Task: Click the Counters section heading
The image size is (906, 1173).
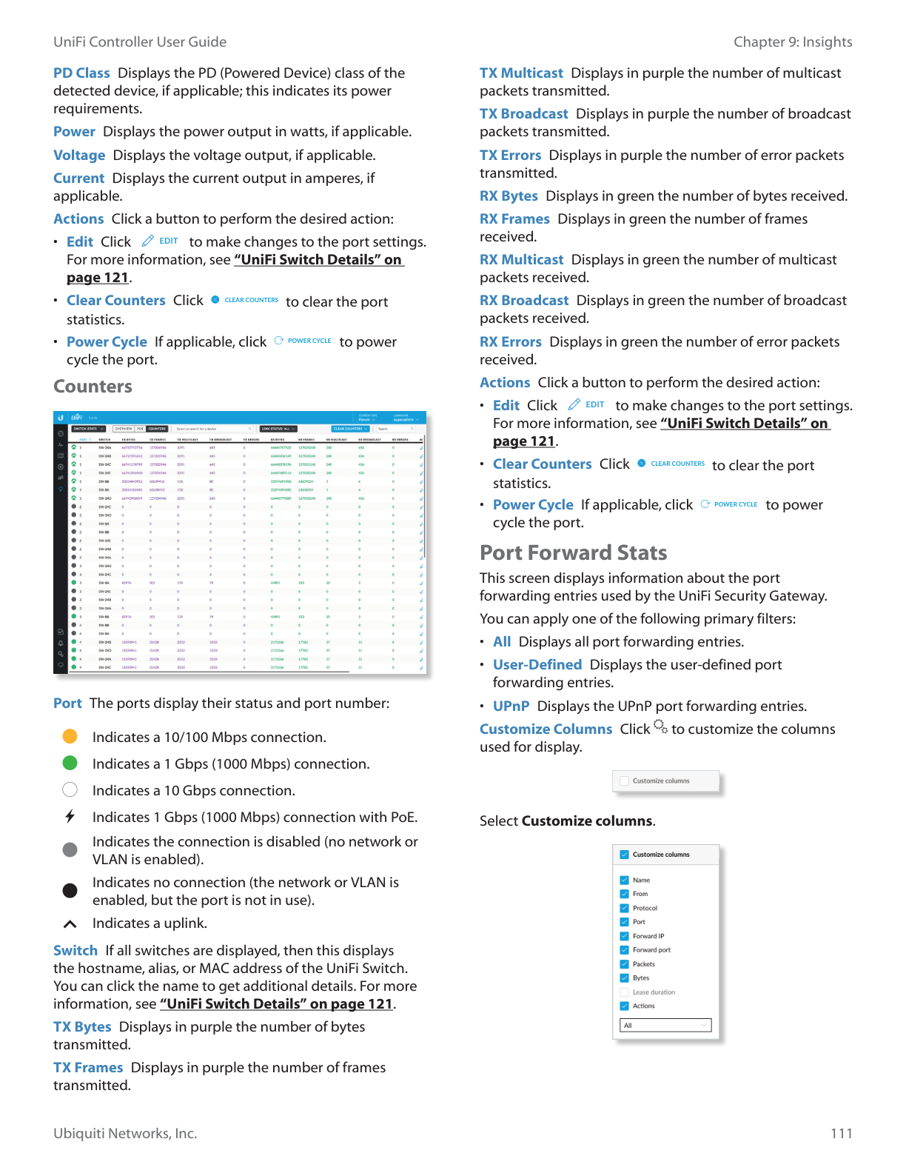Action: click(93, 387)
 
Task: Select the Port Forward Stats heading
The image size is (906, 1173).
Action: click(573, 553)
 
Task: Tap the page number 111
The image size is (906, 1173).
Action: click(841, 1133)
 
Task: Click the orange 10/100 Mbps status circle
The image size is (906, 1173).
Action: click(70, 737)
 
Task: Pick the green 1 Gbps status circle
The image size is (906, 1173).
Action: click(70, 763)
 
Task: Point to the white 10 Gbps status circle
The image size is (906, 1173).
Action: click(70, 790)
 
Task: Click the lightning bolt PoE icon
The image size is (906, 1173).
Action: click(70, 817)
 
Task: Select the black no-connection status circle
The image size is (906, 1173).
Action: click(70, 891)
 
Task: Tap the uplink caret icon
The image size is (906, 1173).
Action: click(70, 923)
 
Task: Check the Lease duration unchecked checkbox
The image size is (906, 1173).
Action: click(625, 992)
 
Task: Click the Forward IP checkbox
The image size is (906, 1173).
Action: click(625, 936)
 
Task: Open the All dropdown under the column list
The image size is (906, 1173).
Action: click(665, 1026)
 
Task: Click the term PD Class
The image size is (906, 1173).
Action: click(81, 73)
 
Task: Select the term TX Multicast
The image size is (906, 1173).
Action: click(521, 73)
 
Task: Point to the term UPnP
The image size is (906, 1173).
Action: click(511, 706)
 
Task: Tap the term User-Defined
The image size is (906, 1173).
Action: click(537, 665)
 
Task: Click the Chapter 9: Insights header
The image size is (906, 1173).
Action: click(793, 42)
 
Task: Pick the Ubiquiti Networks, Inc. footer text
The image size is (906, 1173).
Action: click(125, 1133)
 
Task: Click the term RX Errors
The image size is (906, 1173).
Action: click(511, 342)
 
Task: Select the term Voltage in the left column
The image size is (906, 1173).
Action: click(79, 156)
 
